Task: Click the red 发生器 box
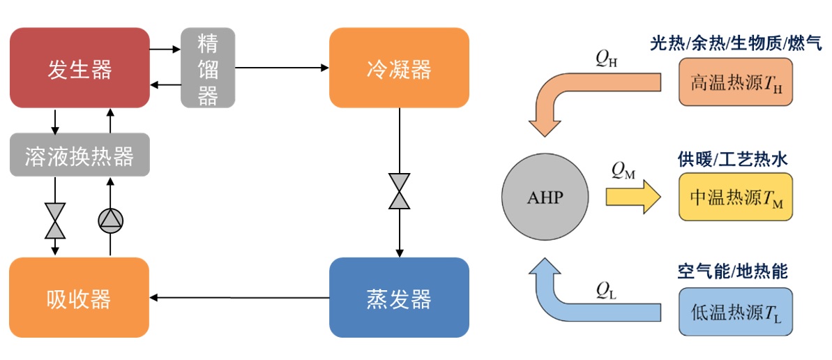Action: point(80,68)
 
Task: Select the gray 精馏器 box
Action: point(208,68)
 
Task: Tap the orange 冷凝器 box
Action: point(399,68)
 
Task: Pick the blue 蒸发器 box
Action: point(399,298)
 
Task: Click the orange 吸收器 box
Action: point(80,298)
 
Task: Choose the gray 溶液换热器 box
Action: point(80,155)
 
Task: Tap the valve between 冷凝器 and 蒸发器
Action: point(400,191)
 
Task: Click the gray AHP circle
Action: point(544,196)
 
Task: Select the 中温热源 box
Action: point(735,197)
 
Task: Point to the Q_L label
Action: point(605,286)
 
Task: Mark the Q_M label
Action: point(623,170)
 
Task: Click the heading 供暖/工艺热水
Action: point(732,158)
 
